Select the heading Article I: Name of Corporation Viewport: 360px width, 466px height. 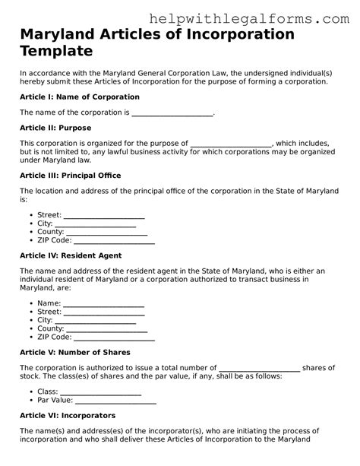[79, 97]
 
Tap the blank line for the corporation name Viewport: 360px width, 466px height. [172, 113]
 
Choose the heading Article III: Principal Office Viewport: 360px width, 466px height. [70, 175]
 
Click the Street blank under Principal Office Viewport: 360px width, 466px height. [104, 215]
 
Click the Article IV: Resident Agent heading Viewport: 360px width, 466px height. [70, 255]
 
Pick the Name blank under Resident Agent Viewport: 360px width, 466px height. [103, 303]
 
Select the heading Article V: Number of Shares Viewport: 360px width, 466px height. [74, 352]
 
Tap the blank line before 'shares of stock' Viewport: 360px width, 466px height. [259, 367]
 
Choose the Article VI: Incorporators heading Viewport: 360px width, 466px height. [67, 416]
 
